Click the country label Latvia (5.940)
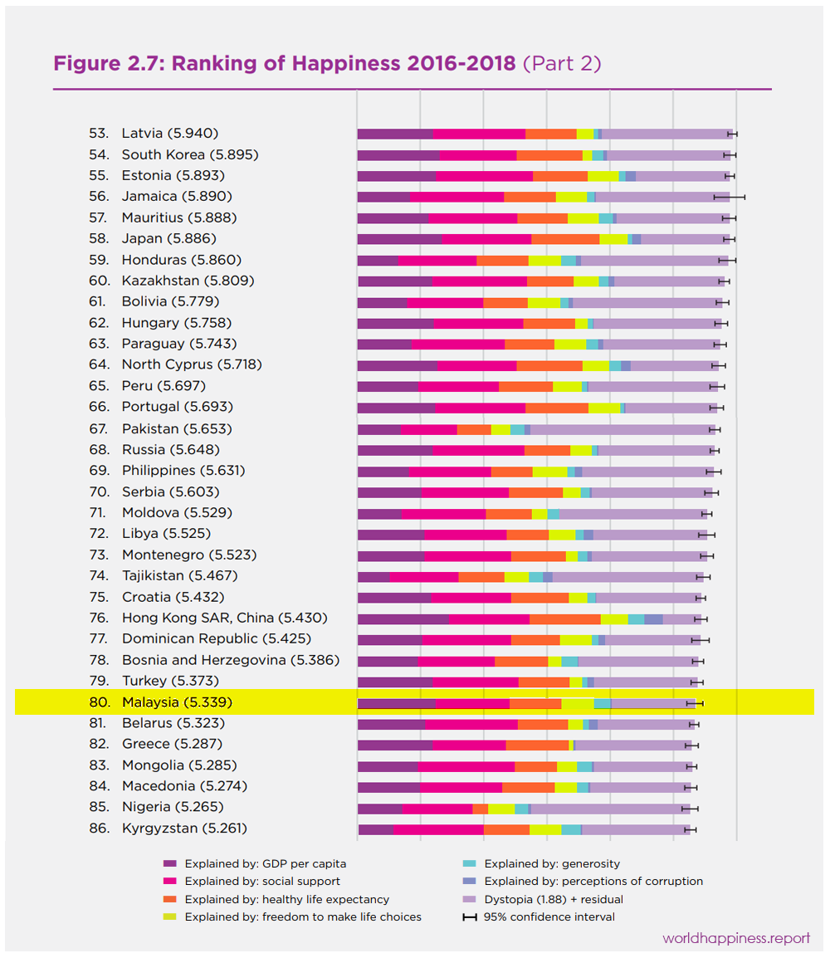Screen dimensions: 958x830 click(x=170, y=133)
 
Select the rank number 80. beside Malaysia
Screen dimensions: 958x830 click(x=100, y=702)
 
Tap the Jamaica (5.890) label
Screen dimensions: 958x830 click(x=177, y=196)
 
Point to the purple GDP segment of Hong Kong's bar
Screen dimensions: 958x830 click(x=403, y=618)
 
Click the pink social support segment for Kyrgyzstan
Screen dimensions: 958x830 click(x=438, y=828)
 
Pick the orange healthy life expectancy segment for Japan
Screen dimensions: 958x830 click(x=565, y=238)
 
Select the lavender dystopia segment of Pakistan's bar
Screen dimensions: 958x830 click(x=622, y=428)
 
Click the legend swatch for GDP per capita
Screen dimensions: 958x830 click(x=170, y=863)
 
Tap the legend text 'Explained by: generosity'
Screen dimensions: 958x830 click(x=552, y=863)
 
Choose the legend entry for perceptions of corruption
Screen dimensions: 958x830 click(x=593, y=881)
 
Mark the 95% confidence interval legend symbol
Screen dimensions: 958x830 click(x=470, y=916)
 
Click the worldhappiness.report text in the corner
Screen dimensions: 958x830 click(x=736, y=938)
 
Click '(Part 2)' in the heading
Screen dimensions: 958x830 click(x=562, y=64)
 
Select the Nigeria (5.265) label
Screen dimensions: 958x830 click(x=173, y=807)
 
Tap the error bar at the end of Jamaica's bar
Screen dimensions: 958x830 click(x=730, y=197)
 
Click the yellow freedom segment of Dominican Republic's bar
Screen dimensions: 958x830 click(x=576, y=639)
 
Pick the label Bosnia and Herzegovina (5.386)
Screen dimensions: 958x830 click(x=231, y=660)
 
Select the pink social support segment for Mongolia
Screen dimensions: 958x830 click(x=466, y=765)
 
